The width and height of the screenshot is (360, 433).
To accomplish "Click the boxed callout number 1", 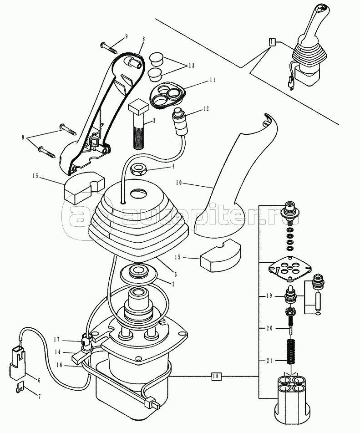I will (272, 42).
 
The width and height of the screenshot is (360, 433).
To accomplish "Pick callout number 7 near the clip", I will (39, 397).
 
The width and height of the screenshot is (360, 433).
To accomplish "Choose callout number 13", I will (191, 66).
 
